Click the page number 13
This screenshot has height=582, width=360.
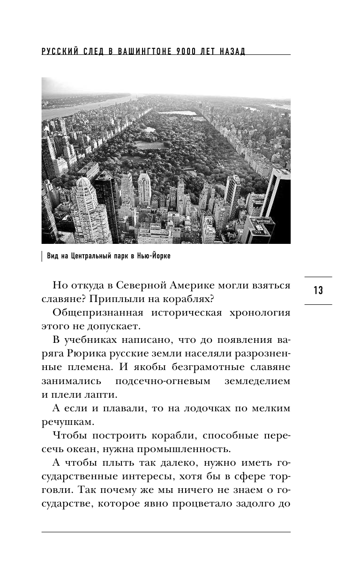coord(318,291)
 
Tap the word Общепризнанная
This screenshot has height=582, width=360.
coord(98,313)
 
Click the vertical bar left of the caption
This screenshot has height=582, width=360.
coord(42,257)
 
